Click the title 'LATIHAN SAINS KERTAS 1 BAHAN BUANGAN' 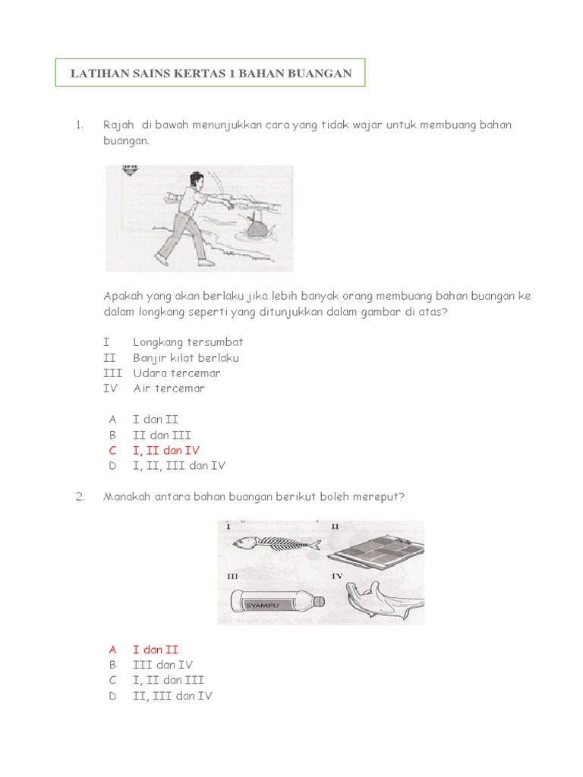[210, 73]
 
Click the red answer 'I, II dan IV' [165, 450]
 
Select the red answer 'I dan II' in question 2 [155, 650]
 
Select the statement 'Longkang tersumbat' [188, 342]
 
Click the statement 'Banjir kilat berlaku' [186, 357]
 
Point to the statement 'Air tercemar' [169, 388]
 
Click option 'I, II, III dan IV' [178, 466]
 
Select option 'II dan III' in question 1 [162, 435]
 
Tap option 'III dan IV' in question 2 [162, 665]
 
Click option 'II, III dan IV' [172, 696]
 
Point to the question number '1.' [79, 124]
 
